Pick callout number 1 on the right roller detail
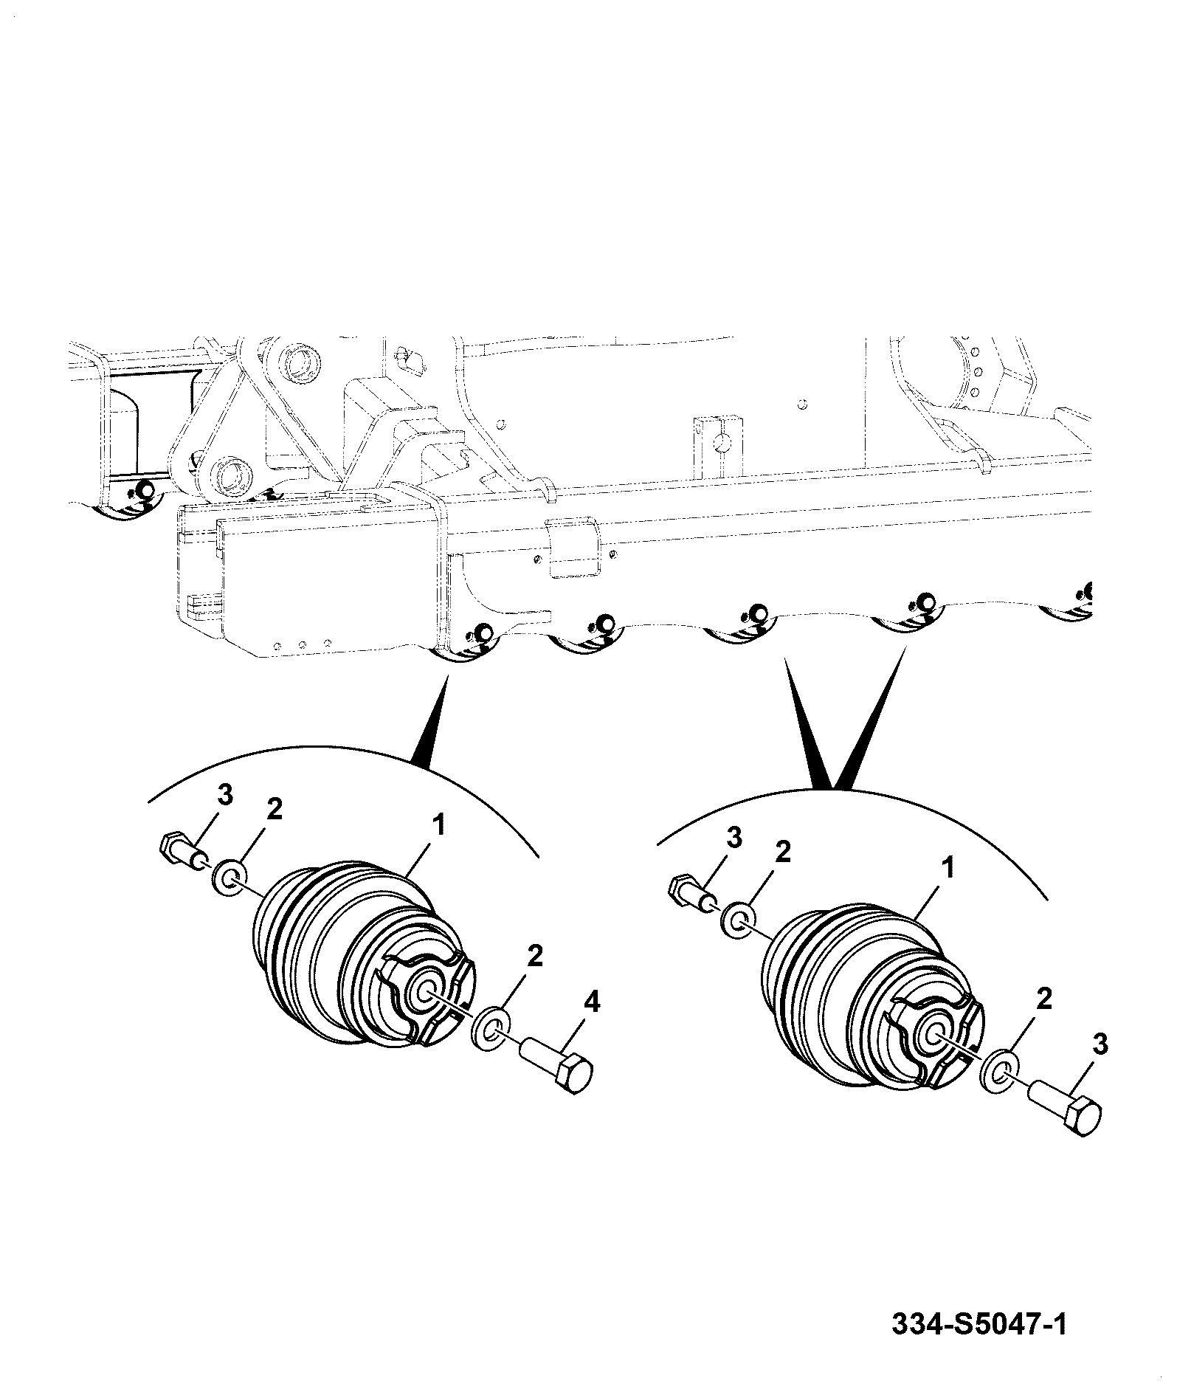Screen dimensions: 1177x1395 pos(948,868)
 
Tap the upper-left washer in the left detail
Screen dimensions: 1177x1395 pos(229,875)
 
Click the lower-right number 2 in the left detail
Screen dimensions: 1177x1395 pos(535,957)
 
